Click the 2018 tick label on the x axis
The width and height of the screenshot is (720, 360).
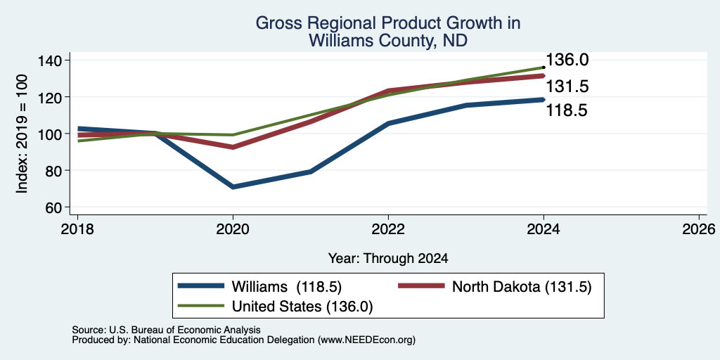tap(77, 229)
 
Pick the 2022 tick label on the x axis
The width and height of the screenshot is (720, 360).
tap(388, 229)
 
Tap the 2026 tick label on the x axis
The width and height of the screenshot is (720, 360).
tap(699, 229)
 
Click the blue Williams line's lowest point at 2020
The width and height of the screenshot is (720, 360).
tap(233, 187)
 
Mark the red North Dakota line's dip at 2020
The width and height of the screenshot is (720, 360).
tap(233, 148)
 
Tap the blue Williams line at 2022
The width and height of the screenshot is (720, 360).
tap(388, 124)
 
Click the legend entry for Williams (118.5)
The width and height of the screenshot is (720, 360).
tap(260, 287)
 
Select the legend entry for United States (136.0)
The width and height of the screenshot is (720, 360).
tap(276, 307)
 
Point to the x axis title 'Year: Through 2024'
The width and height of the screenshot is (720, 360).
tap(388, 259)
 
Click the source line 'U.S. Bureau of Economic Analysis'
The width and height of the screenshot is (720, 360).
tap(185, 330)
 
